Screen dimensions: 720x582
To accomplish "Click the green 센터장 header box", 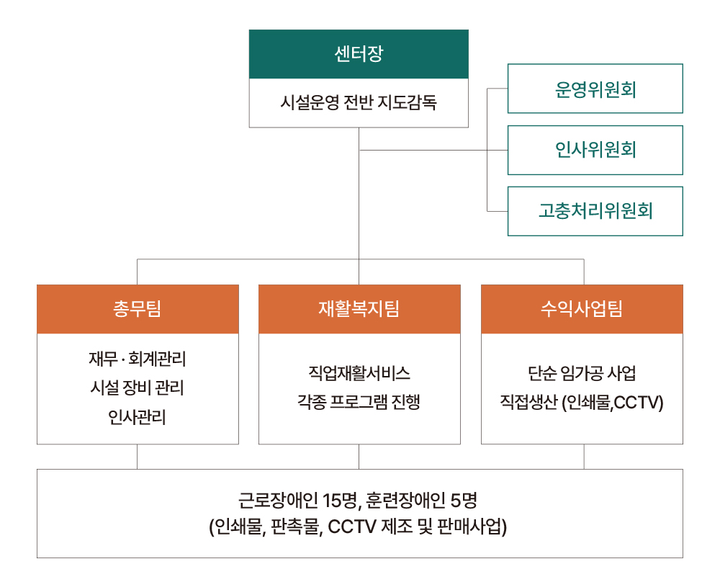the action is tap(359, 54).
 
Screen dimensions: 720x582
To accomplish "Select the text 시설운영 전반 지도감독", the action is tap(359, 102).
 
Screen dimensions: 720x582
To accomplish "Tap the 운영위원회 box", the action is tap(595, 89).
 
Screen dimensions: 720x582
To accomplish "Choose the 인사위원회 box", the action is tap(595, 151).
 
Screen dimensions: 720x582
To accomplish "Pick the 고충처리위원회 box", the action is tap(595, 211).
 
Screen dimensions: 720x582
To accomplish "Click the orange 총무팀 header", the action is tap(138, 309).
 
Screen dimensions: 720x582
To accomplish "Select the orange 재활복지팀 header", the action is tap(359, 309).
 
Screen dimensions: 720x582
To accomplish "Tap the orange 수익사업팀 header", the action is tap(582, 309).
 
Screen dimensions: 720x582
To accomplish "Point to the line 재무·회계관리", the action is tap(138, 359).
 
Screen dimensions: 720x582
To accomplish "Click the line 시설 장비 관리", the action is tap(138, 388).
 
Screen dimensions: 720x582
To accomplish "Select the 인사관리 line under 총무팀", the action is tap(138, 417).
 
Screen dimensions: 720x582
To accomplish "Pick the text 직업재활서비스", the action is tap(359, 373).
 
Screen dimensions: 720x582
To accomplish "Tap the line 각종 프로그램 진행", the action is tap(359, 402).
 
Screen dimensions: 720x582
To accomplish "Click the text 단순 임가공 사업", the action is tap(582, 373).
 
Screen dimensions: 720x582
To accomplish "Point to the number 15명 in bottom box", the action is tap(340, 500).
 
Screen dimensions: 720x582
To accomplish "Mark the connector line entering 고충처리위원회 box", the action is tap(498, 211).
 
